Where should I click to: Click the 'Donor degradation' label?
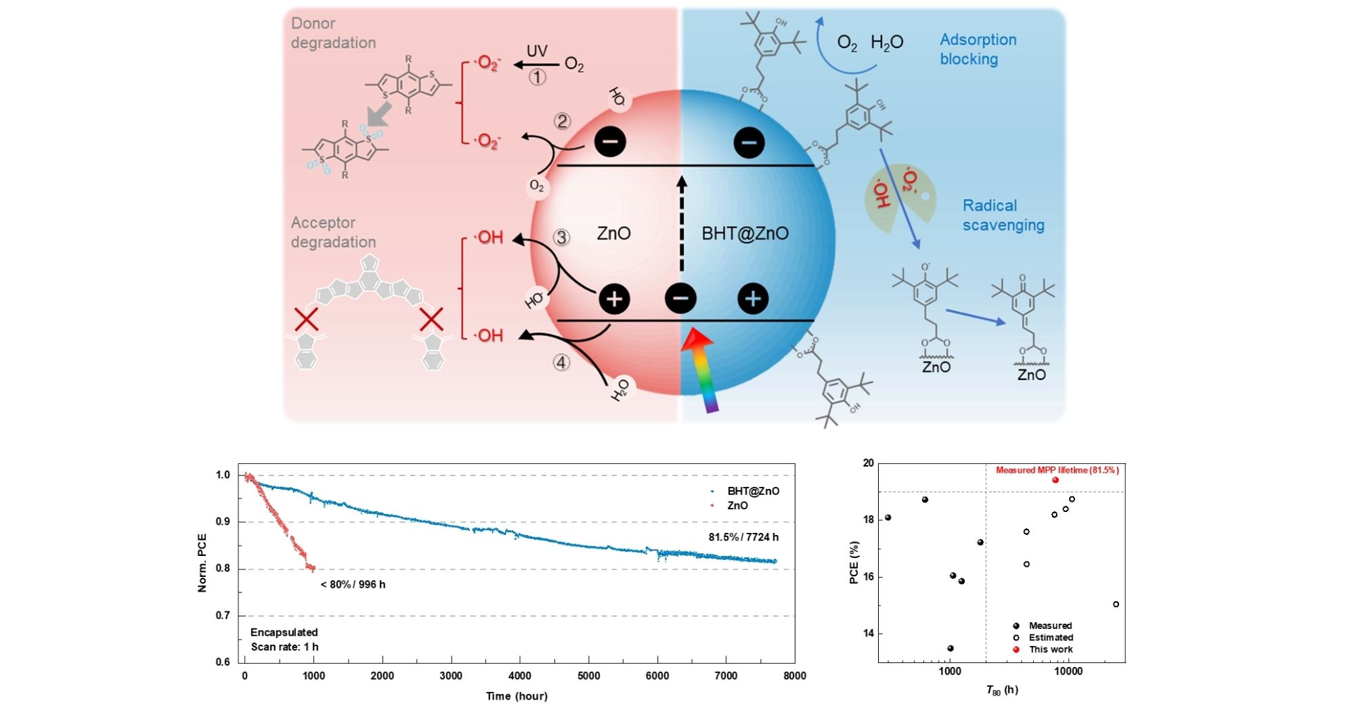(x=332, y=33)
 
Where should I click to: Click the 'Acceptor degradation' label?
(x=332, y=232)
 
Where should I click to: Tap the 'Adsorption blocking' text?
(x=978, y=49)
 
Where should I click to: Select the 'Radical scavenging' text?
(x=1003, y=215)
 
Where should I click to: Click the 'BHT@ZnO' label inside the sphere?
(x=745, y=234)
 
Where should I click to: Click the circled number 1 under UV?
(x=537, y=77)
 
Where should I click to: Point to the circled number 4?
(x=561, y=363)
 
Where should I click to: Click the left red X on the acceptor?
(x=306, y=319)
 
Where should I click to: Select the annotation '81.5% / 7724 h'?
(x=743, y=537)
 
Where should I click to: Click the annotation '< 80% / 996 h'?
(x=353, y=584)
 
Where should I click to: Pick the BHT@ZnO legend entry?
(x=752, y=491)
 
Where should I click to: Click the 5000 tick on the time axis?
(x=588, y=675)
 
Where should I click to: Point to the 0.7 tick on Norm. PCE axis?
(x=223, y=616)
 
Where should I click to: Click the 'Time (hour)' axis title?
(x=517, y=696)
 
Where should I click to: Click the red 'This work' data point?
(x=1055, y=480)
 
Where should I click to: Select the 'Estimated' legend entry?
(x=1050, y=637)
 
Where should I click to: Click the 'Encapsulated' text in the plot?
(x=284, y=632)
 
